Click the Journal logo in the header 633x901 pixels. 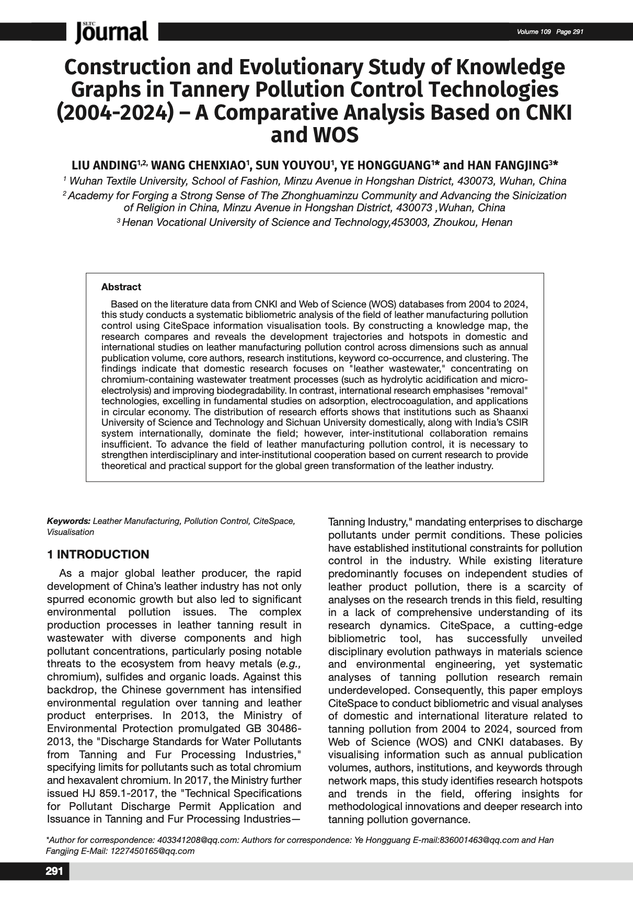[x=112, y=32]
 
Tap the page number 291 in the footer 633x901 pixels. [x=54, y=871]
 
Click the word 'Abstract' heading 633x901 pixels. [x=121, y=287]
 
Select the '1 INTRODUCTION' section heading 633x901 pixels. [x=98, y=554]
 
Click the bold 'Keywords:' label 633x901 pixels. [x=68, y=521]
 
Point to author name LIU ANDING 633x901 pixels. [x=103, y=166]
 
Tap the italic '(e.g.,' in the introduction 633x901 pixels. [x=287, y=664]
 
